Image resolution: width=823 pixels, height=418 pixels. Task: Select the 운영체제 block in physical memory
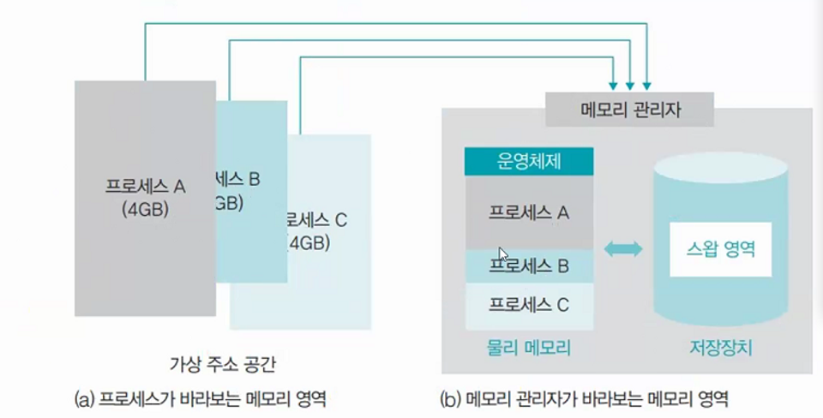click(529, 161)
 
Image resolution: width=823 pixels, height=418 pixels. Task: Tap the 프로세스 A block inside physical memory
click(529, 212)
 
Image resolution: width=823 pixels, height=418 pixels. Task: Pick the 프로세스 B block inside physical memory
click(529, 266)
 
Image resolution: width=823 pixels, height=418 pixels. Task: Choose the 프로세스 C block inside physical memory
click(529, 304)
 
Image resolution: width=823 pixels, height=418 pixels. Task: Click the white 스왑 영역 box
click(720, 248)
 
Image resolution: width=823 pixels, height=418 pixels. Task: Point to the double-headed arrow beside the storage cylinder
click(623, 249)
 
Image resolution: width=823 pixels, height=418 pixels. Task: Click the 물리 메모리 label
click(529, 347)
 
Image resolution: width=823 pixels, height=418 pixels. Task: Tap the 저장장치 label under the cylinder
click(721, 348)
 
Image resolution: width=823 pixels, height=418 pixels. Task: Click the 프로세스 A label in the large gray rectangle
click(145, 185)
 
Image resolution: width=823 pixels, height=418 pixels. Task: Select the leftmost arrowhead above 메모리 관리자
click(612, 86)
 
